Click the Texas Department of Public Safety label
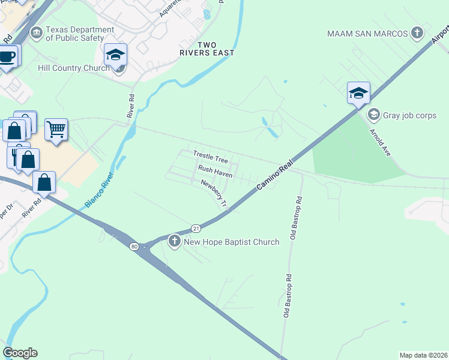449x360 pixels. pyautogui.click(x=80, y=34)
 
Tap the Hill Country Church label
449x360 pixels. pyautogui.click(x=74, y=68)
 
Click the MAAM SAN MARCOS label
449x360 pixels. pyautogui.click(x=368, y=33)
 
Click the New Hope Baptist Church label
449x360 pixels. pyautogui.click(x=232, y=242)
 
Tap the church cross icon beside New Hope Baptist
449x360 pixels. pyautogui.click(x=175, y=242)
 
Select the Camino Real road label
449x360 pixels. pyautogui.click(x=273, y=179)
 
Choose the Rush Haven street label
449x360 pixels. pyautogui.click(x=215, y=170)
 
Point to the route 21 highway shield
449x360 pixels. pyautogui.click(x=196, y=228)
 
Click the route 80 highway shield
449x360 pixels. pyautogui.click(x=133, y=246)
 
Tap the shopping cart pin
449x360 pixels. pyautogui.click(x=56, y=128)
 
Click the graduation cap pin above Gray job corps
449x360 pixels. pyautogui.click(x=358, y=93)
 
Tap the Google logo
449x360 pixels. pyautogui.click(x=20, y=353)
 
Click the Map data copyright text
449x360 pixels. pyautogui.click(x=423, y=355)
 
